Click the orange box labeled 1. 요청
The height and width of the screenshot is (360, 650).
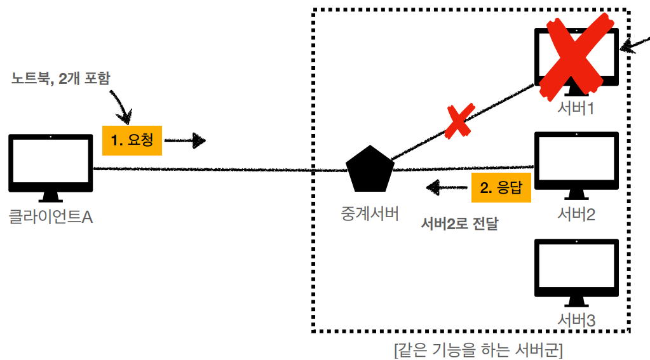[x=132, y=140]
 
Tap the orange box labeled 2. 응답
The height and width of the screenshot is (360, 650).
[x=501, y=188]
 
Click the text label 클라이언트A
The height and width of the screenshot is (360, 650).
[x=51, y=217]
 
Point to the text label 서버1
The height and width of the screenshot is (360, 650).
[x=576, y=109]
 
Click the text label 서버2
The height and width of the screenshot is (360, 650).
[x=576, y=215]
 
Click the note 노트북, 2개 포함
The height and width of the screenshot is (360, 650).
[x=61, y=79]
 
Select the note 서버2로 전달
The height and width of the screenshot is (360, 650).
[x=460, y=223]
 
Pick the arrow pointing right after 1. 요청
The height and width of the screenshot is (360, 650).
[x=186, y=140]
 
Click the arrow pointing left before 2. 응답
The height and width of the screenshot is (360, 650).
[x=445, y=187]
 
